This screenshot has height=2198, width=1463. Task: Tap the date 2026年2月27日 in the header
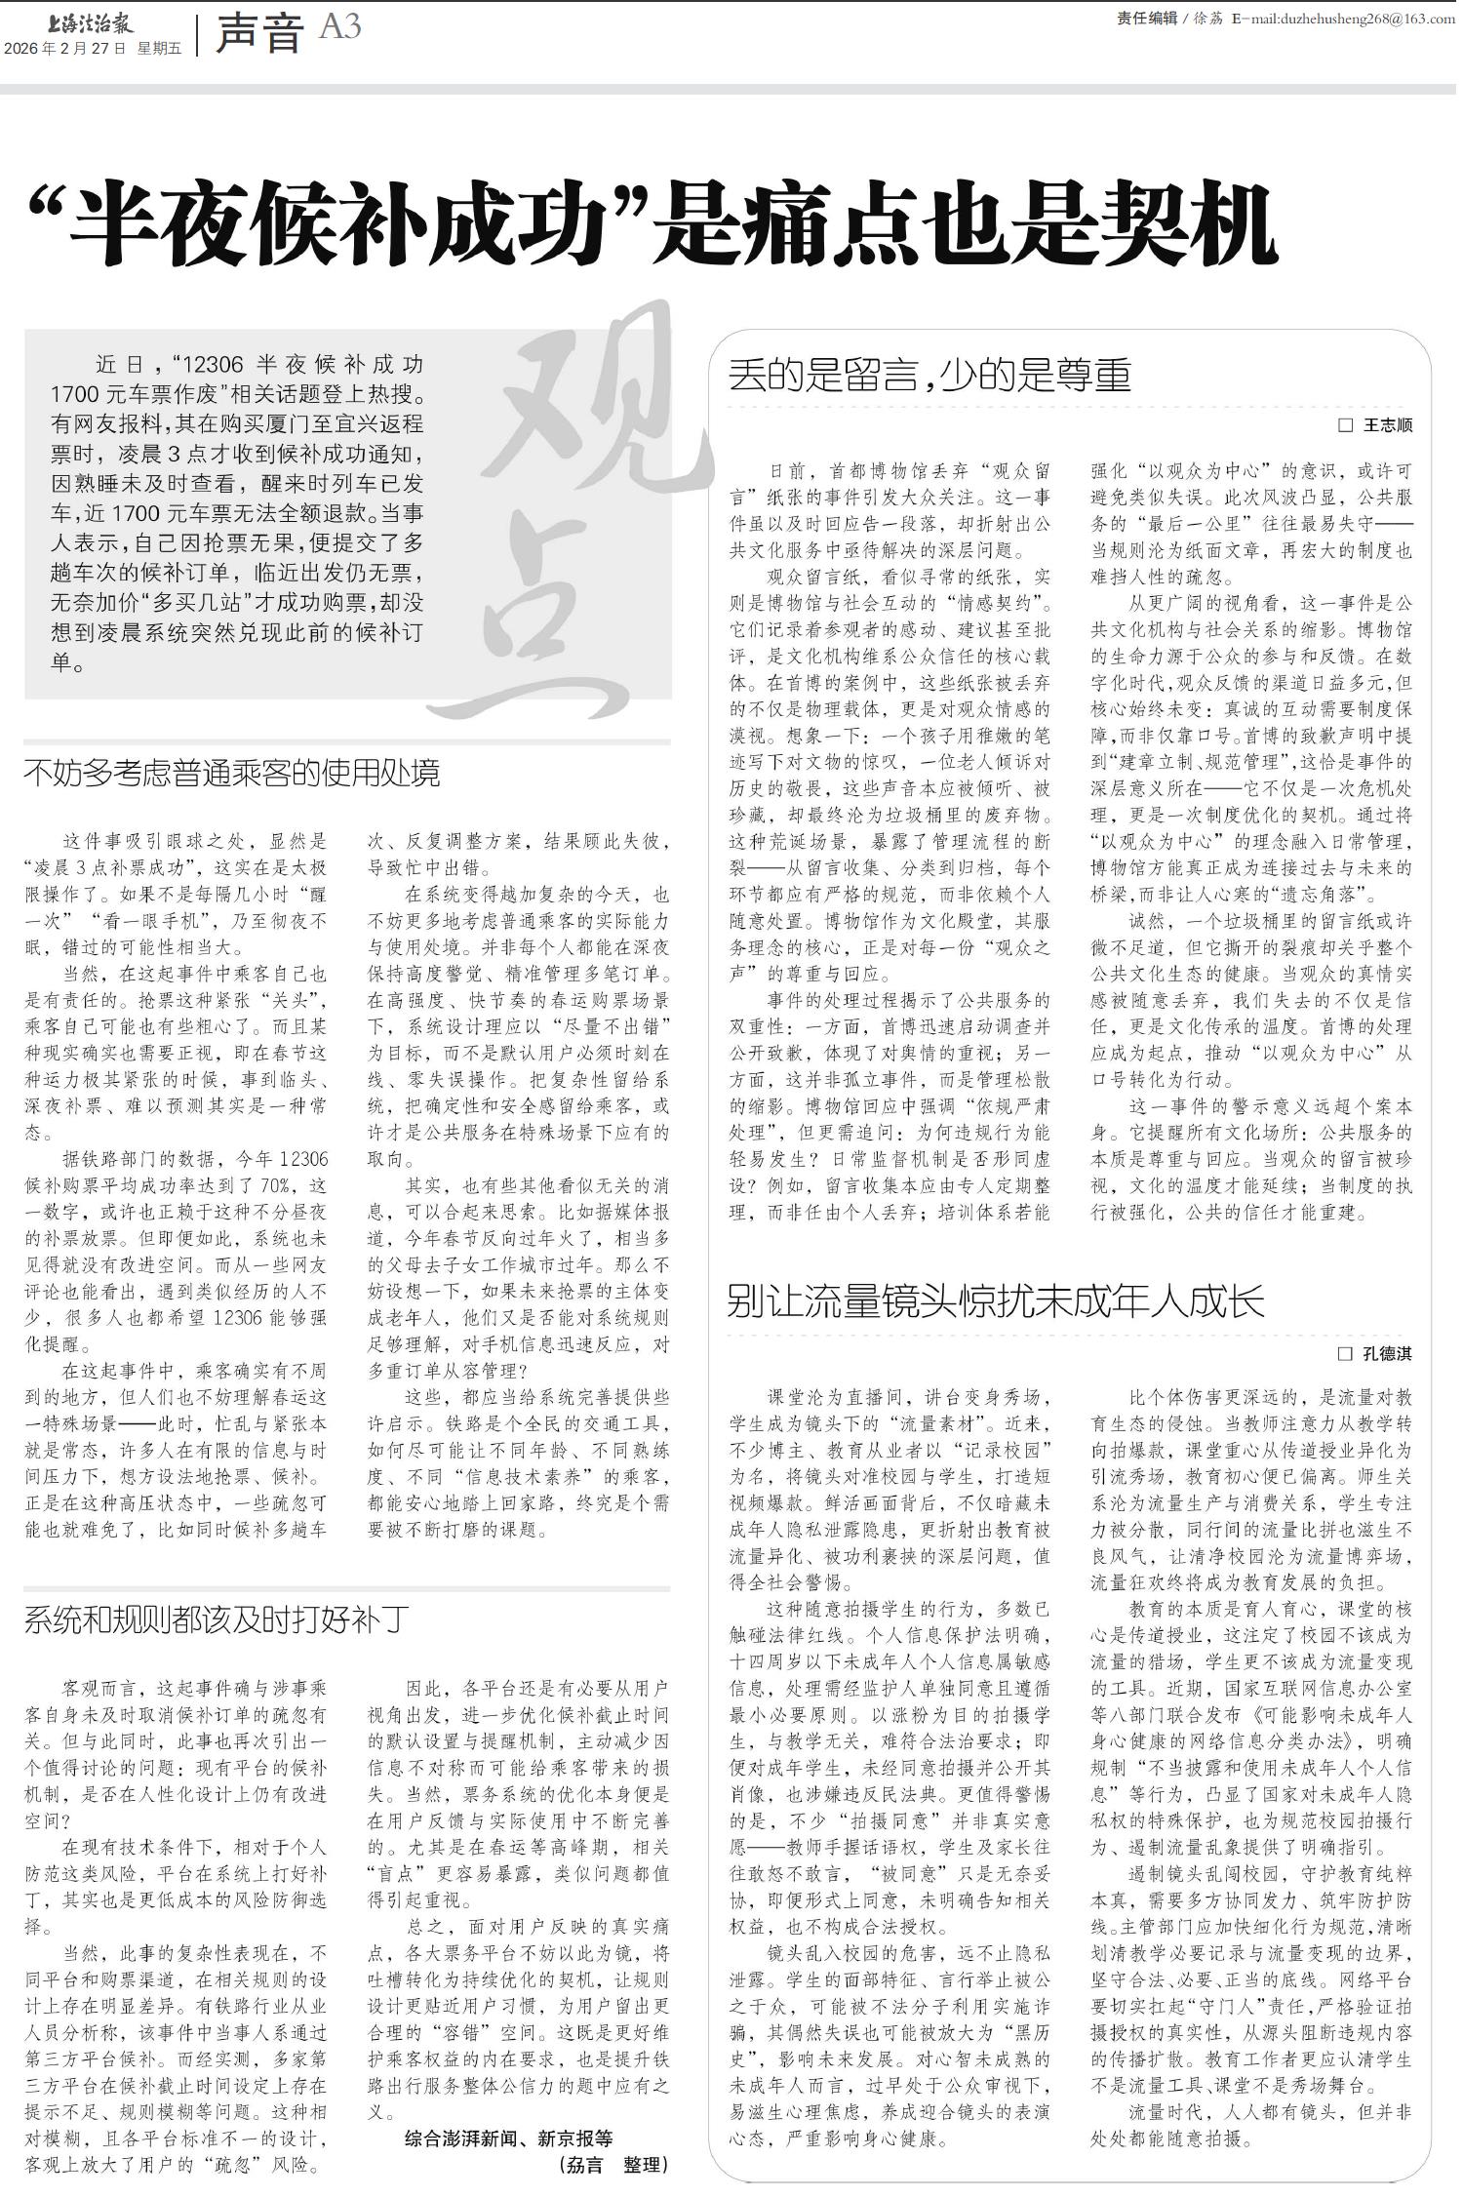(x=65, y=48)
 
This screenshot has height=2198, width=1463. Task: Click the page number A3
(x=339, y=27)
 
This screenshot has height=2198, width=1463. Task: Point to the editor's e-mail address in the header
(x=1352, y=19)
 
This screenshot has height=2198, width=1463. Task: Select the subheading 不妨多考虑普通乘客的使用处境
(x=232, y=774)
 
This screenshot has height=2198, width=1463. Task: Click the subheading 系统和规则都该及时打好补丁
(x=217, y=1620)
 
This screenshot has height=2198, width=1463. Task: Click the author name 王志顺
(x=1387, y=425)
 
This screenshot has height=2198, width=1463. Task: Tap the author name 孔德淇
(x=1387, y=1353)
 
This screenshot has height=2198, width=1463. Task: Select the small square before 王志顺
(x=1345, y=425)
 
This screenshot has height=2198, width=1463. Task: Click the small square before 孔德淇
(x=1345, y=1353)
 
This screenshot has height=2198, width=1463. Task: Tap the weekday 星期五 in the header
(x=159, y=48)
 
